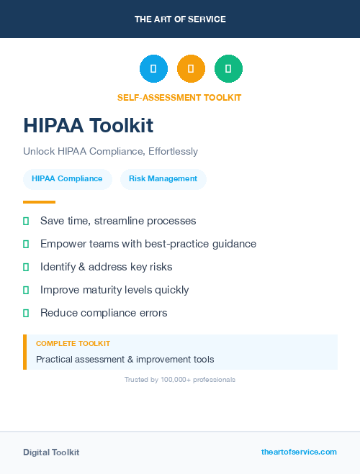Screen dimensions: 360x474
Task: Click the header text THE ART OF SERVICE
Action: (180, 19)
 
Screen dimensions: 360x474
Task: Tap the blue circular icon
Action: (153, 69)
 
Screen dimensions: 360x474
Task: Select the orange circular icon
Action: (191, 69)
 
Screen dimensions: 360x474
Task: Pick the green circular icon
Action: (228, 69)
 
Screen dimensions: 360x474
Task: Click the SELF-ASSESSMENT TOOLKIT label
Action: (179, 98)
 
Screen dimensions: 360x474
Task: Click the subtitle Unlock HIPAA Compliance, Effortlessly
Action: (110, 152)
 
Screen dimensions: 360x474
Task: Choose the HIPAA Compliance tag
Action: (67, 178)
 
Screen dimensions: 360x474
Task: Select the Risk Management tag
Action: (163, 178)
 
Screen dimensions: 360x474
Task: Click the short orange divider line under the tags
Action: (39, 202)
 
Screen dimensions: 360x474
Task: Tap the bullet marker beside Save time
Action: (26, 221)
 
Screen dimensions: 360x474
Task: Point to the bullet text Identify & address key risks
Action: (106, 267)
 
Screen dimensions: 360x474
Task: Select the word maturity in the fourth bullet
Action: (103, 290)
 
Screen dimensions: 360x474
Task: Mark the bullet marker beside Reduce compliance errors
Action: (26, 313)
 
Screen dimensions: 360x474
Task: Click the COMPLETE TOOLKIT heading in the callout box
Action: (73, 344)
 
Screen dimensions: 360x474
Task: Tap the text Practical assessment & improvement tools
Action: (125, 359)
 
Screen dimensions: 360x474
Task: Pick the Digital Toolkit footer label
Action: (51, 452)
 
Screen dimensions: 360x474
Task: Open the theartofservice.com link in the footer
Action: (299, 452)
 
